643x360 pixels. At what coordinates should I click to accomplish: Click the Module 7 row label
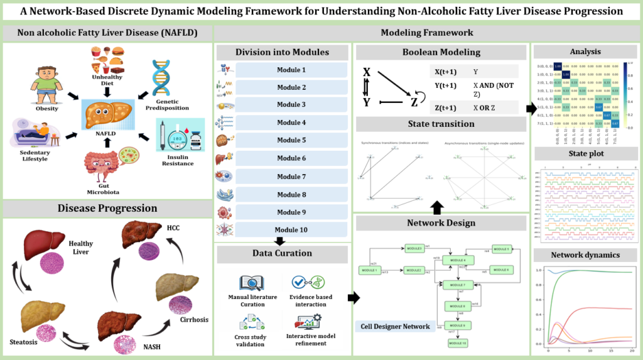click(x=291, y=177)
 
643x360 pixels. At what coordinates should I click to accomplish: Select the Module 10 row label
click(x=292, y=230)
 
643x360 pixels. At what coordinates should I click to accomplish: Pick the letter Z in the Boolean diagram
click(x=414, y=102)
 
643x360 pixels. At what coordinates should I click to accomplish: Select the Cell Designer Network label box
click(x=396, y=326)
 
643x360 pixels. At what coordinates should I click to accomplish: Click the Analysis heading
click(x=585, y=52)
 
